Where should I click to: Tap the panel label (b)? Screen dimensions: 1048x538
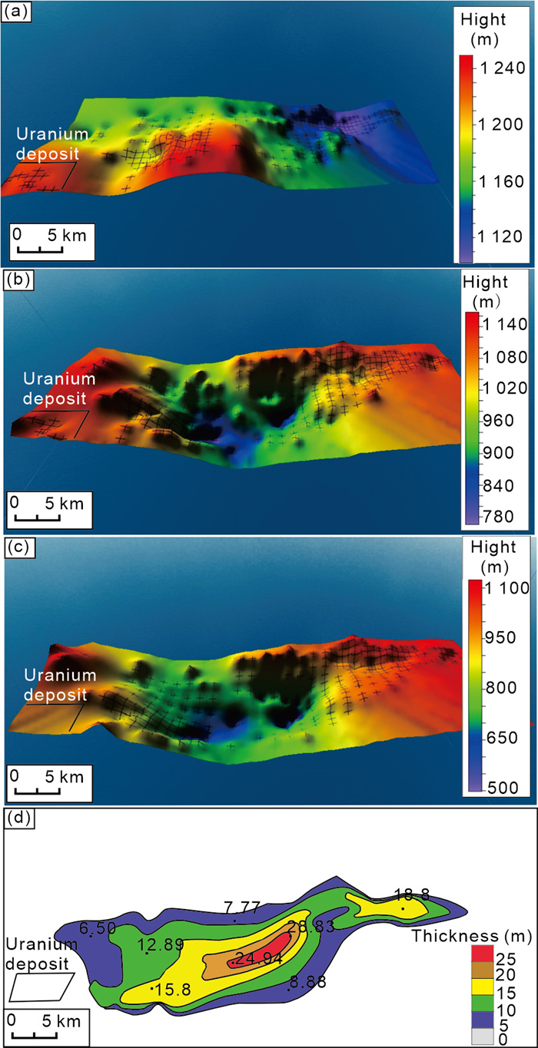pos(16,279)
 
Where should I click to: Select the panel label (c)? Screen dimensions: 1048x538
pos(16,546)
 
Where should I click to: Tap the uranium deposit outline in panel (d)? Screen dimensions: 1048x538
pos(42,987)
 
